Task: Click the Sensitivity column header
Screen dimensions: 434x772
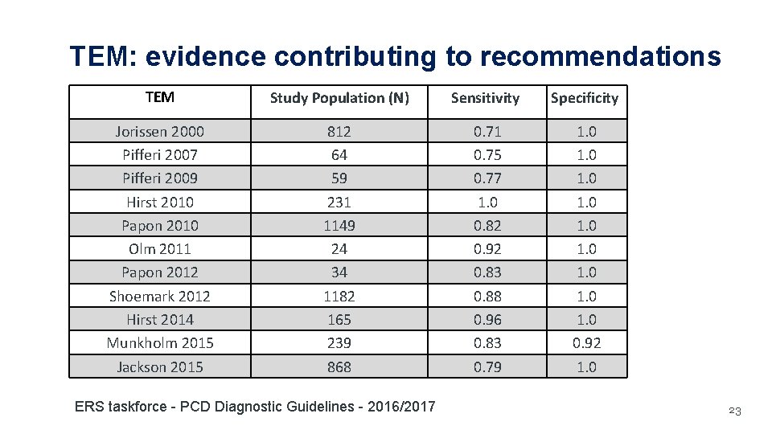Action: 485,98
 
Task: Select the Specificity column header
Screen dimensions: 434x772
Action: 584,98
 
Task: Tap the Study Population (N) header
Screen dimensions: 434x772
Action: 339,98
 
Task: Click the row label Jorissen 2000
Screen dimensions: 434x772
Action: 159,131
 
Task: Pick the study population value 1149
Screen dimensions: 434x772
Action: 339,225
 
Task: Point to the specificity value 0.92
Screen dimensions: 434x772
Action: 586,343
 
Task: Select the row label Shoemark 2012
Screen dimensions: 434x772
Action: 159,296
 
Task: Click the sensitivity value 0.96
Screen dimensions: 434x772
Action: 487,319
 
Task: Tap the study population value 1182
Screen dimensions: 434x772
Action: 339,296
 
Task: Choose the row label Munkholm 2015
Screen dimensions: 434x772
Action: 160,343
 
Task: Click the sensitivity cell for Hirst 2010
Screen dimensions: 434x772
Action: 487,202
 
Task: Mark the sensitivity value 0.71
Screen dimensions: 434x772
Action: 487,131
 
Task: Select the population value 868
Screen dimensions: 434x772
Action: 339,366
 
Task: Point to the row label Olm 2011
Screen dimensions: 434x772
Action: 159,248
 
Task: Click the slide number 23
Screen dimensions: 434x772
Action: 733,411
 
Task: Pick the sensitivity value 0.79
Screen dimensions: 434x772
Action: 487,366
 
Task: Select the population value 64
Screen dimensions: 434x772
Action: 339,154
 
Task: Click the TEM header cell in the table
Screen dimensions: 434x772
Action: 159,97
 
